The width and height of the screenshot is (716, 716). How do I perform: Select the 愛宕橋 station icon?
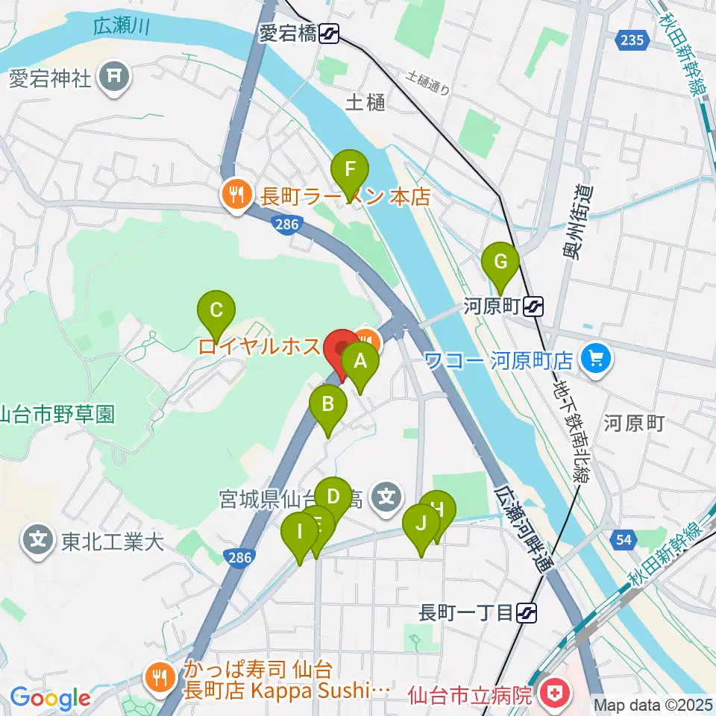pyautogui.click(x=328, y=33)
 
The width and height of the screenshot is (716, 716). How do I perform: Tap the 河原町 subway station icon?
pyautogui.click(x=533, y=305)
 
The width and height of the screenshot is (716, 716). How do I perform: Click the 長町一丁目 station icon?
pyautogui.click(x=527, y=613)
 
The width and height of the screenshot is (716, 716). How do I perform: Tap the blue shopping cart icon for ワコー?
pyautogui.click(x=594, y=360)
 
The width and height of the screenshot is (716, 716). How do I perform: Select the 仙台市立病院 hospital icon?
pyautogui.click(x=553, y=694)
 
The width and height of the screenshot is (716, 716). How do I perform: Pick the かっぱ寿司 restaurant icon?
pyautogui.click(x=158, y=678)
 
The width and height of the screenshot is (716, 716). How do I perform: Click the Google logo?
pyautogui.click(x=51, y=699)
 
